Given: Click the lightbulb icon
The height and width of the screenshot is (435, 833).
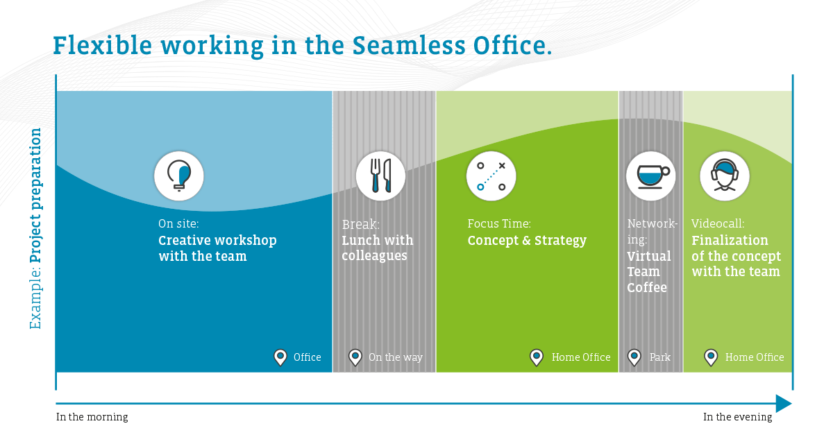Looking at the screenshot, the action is point(179,176).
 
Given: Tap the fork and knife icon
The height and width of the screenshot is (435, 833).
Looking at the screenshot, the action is point(380,176).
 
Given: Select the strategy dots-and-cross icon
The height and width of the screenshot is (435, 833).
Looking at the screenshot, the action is point(491,176).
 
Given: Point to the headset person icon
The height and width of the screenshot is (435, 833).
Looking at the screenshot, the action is point(725,176).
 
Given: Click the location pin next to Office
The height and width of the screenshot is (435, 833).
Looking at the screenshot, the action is point(280,357).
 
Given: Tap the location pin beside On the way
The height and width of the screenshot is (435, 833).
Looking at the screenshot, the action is point(355,357).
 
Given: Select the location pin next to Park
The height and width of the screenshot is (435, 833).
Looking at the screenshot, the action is point(634,357).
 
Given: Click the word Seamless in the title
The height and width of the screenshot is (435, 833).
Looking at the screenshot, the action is point(409,45).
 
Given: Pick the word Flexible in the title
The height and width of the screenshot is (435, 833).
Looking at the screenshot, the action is point(103,45).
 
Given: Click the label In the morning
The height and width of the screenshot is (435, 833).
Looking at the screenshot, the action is point(92,417).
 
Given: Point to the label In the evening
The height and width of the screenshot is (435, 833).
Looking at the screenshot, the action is point(737,417).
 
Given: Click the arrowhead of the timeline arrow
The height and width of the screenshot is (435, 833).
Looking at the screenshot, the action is point(784,403).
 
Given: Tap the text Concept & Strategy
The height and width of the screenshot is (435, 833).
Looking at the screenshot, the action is point(527,241).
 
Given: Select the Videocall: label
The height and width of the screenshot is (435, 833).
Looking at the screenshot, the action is point(718,223).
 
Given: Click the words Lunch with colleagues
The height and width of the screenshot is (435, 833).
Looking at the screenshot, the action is point(378,248).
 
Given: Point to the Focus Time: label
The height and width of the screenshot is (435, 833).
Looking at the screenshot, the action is point(499,223).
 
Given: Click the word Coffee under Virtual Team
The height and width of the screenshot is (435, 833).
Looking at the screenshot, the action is point(647,287).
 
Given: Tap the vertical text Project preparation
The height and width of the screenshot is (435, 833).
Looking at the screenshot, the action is point(35,196).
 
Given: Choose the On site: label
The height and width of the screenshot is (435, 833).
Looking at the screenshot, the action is point(178,223).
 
